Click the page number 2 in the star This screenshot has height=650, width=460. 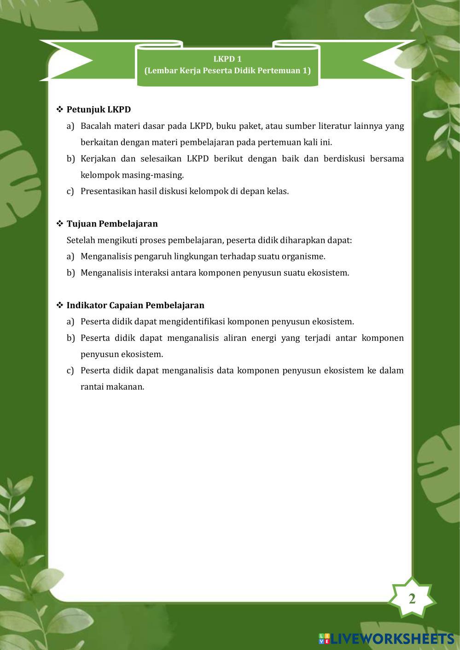pyautogui.click(x=412, y=598)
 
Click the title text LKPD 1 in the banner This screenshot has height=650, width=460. pyautogui.click(x=227, y=59)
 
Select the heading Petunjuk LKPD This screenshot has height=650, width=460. pyautogui.click(x=99, y=109)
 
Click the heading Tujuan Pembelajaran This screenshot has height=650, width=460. pyautogui.click(x=112, y=224)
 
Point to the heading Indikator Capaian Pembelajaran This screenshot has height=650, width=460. pyautogui.click(x=135, y=305)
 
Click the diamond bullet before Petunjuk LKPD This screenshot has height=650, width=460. pyautogui.click(x=60, y=109)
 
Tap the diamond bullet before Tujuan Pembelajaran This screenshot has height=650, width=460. pyautogui.click(x=60, y=224)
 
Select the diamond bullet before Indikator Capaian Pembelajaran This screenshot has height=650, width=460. pyautogui.click(x=60, y=305)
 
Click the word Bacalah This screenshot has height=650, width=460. pyautogui.click(x=94, y=126)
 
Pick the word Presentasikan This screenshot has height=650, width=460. pyautogui.click(x=105, y=191)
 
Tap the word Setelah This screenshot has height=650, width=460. pyautogui.click(x=81, y=240)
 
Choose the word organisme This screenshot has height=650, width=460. pyautogui.click(x=303, y=256)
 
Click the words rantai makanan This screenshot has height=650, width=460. pyautogui.click(x=112, y=387)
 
